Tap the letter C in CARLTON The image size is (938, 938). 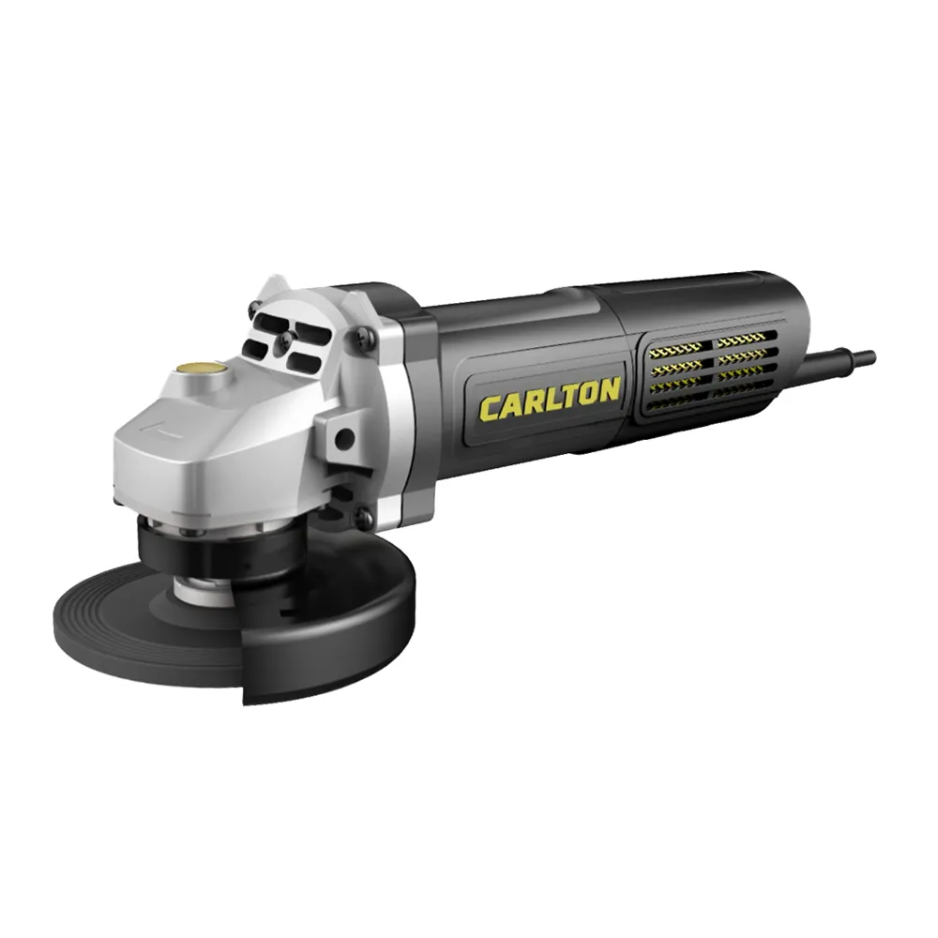pos(490,408)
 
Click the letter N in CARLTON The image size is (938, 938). pos(607,391)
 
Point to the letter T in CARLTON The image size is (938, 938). pos(561,398)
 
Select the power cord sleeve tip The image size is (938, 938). pos(868,357)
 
